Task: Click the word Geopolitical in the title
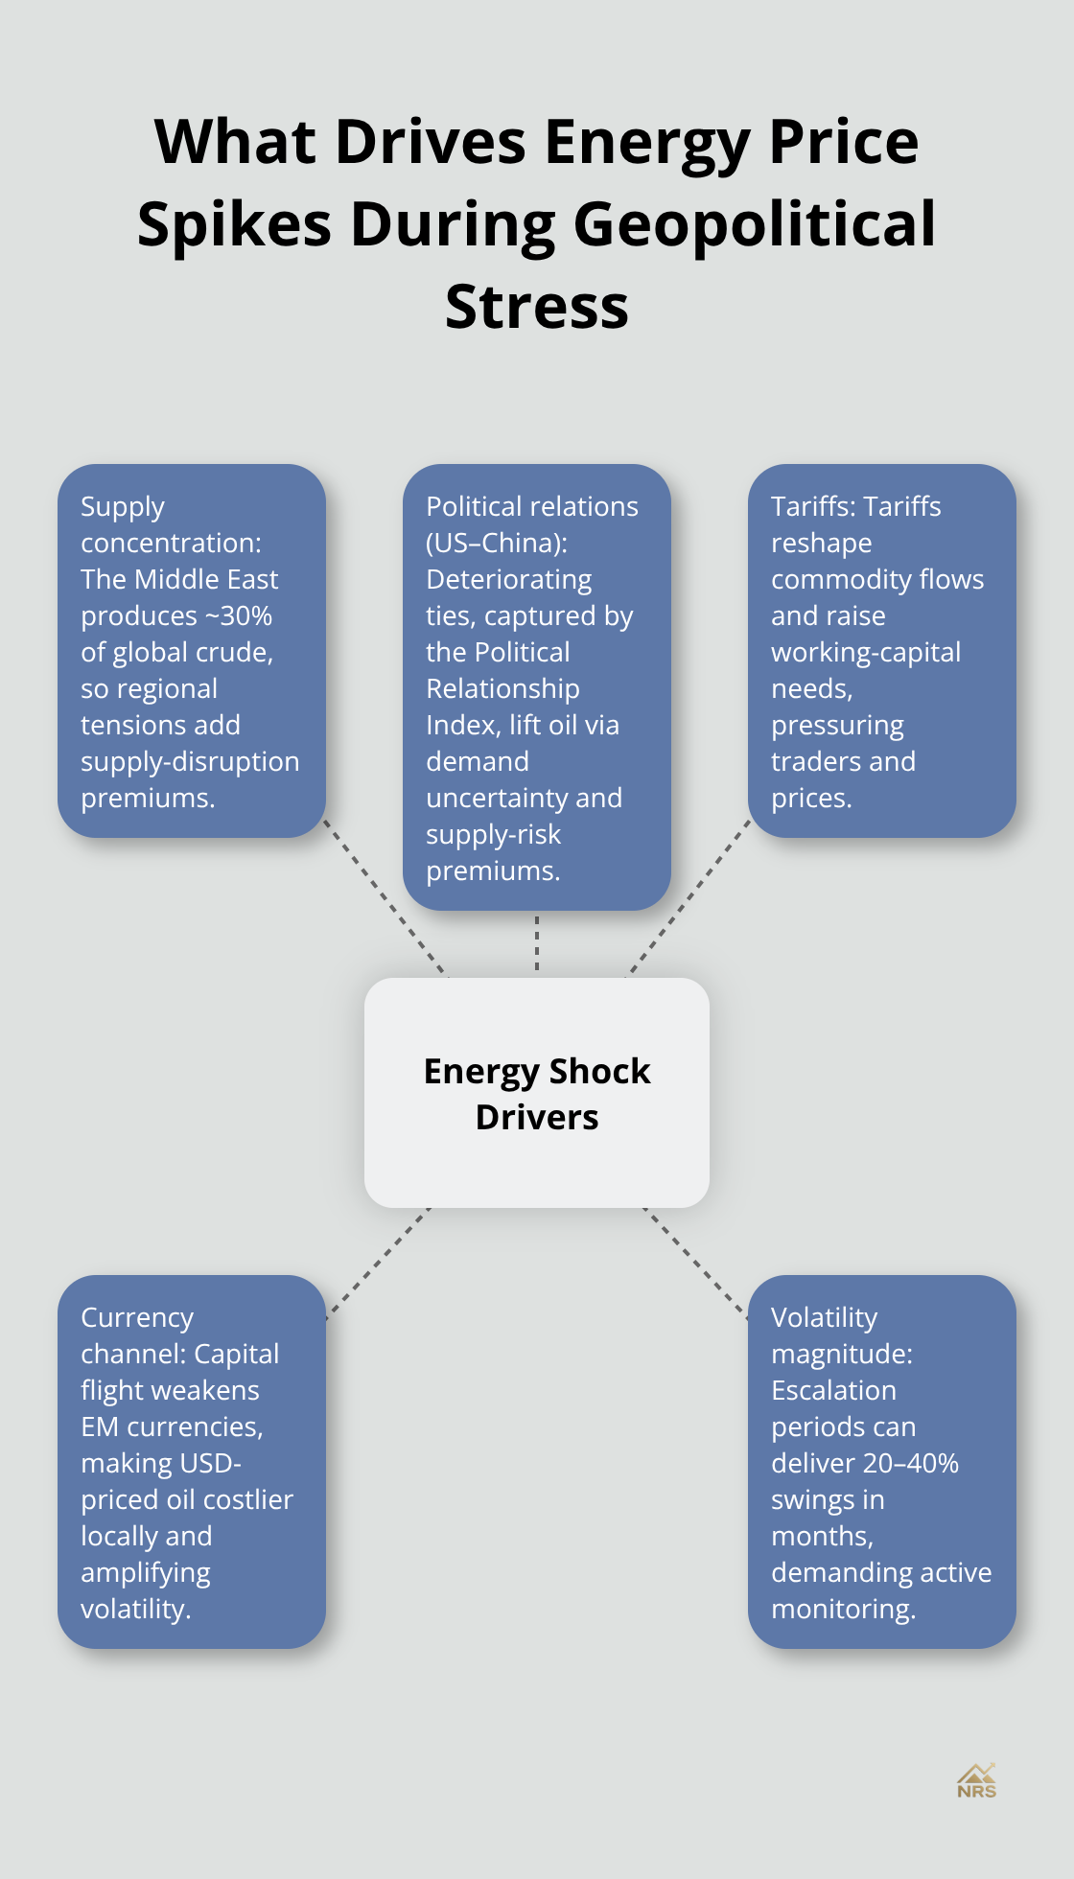click(x=754, y=224)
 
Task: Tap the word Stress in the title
click(x=537, y=307)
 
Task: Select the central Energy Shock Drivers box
click(x=537, y=1093)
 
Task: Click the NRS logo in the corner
click(x=976, y=1781)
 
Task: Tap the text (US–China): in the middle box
click(x=497, y=543)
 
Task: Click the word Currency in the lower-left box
click(x=137, y=1317)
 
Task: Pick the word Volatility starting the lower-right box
click(x=824, y=1317)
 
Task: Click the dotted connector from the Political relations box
click(x=537, y=944)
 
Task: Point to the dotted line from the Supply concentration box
click(x=385, y=898)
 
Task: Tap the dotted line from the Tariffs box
click(x=689, y=898)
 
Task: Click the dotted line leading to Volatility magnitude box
click(x=696, y=1261)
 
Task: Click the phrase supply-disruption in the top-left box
click(x=190, y=761)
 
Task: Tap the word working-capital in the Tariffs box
click(x=865, y=652)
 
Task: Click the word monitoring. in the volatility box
click(x=843, y=1609)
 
